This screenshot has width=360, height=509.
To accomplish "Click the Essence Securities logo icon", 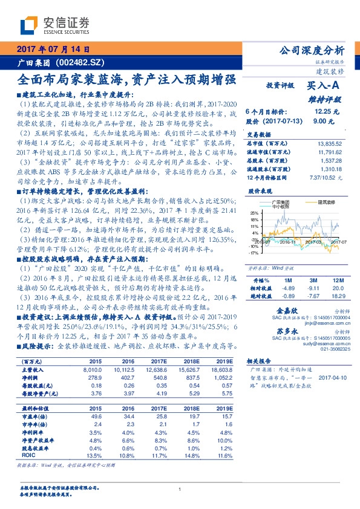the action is tap(30, 25).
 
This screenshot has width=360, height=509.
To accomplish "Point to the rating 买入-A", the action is tap(324, 87).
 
